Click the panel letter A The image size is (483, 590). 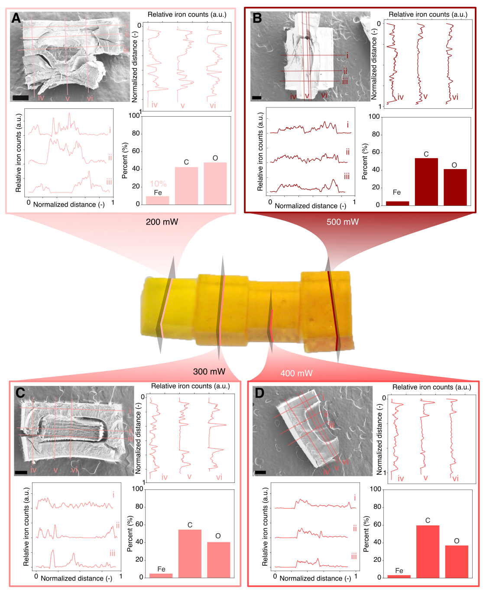pos(16,18)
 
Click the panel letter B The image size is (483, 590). pos(257,18)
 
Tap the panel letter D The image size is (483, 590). pos(259,393)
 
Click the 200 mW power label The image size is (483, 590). pos(162,222)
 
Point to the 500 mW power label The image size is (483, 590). pos(342,222)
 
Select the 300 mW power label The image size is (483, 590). pos(209,372)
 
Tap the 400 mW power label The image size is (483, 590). pos(296,373)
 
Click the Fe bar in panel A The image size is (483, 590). pos(158,200)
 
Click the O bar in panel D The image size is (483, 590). pos(457,561)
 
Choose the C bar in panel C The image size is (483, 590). pos(190,554)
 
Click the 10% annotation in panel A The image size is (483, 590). pos(158,184)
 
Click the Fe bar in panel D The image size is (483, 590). pos(399,576)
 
